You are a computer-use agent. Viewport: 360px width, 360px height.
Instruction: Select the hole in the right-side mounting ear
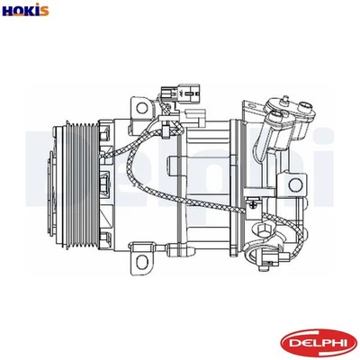tap(296, 184)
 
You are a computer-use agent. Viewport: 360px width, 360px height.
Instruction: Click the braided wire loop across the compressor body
tap(135, 180)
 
